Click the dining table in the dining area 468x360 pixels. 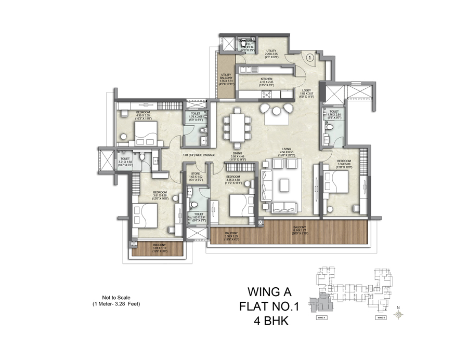click(x=237, y=126)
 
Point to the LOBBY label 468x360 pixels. click(x=307, y=92)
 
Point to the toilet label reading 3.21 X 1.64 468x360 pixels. click(x=125, y=161)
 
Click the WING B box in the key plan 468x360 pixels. click(x=381, y=316)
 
